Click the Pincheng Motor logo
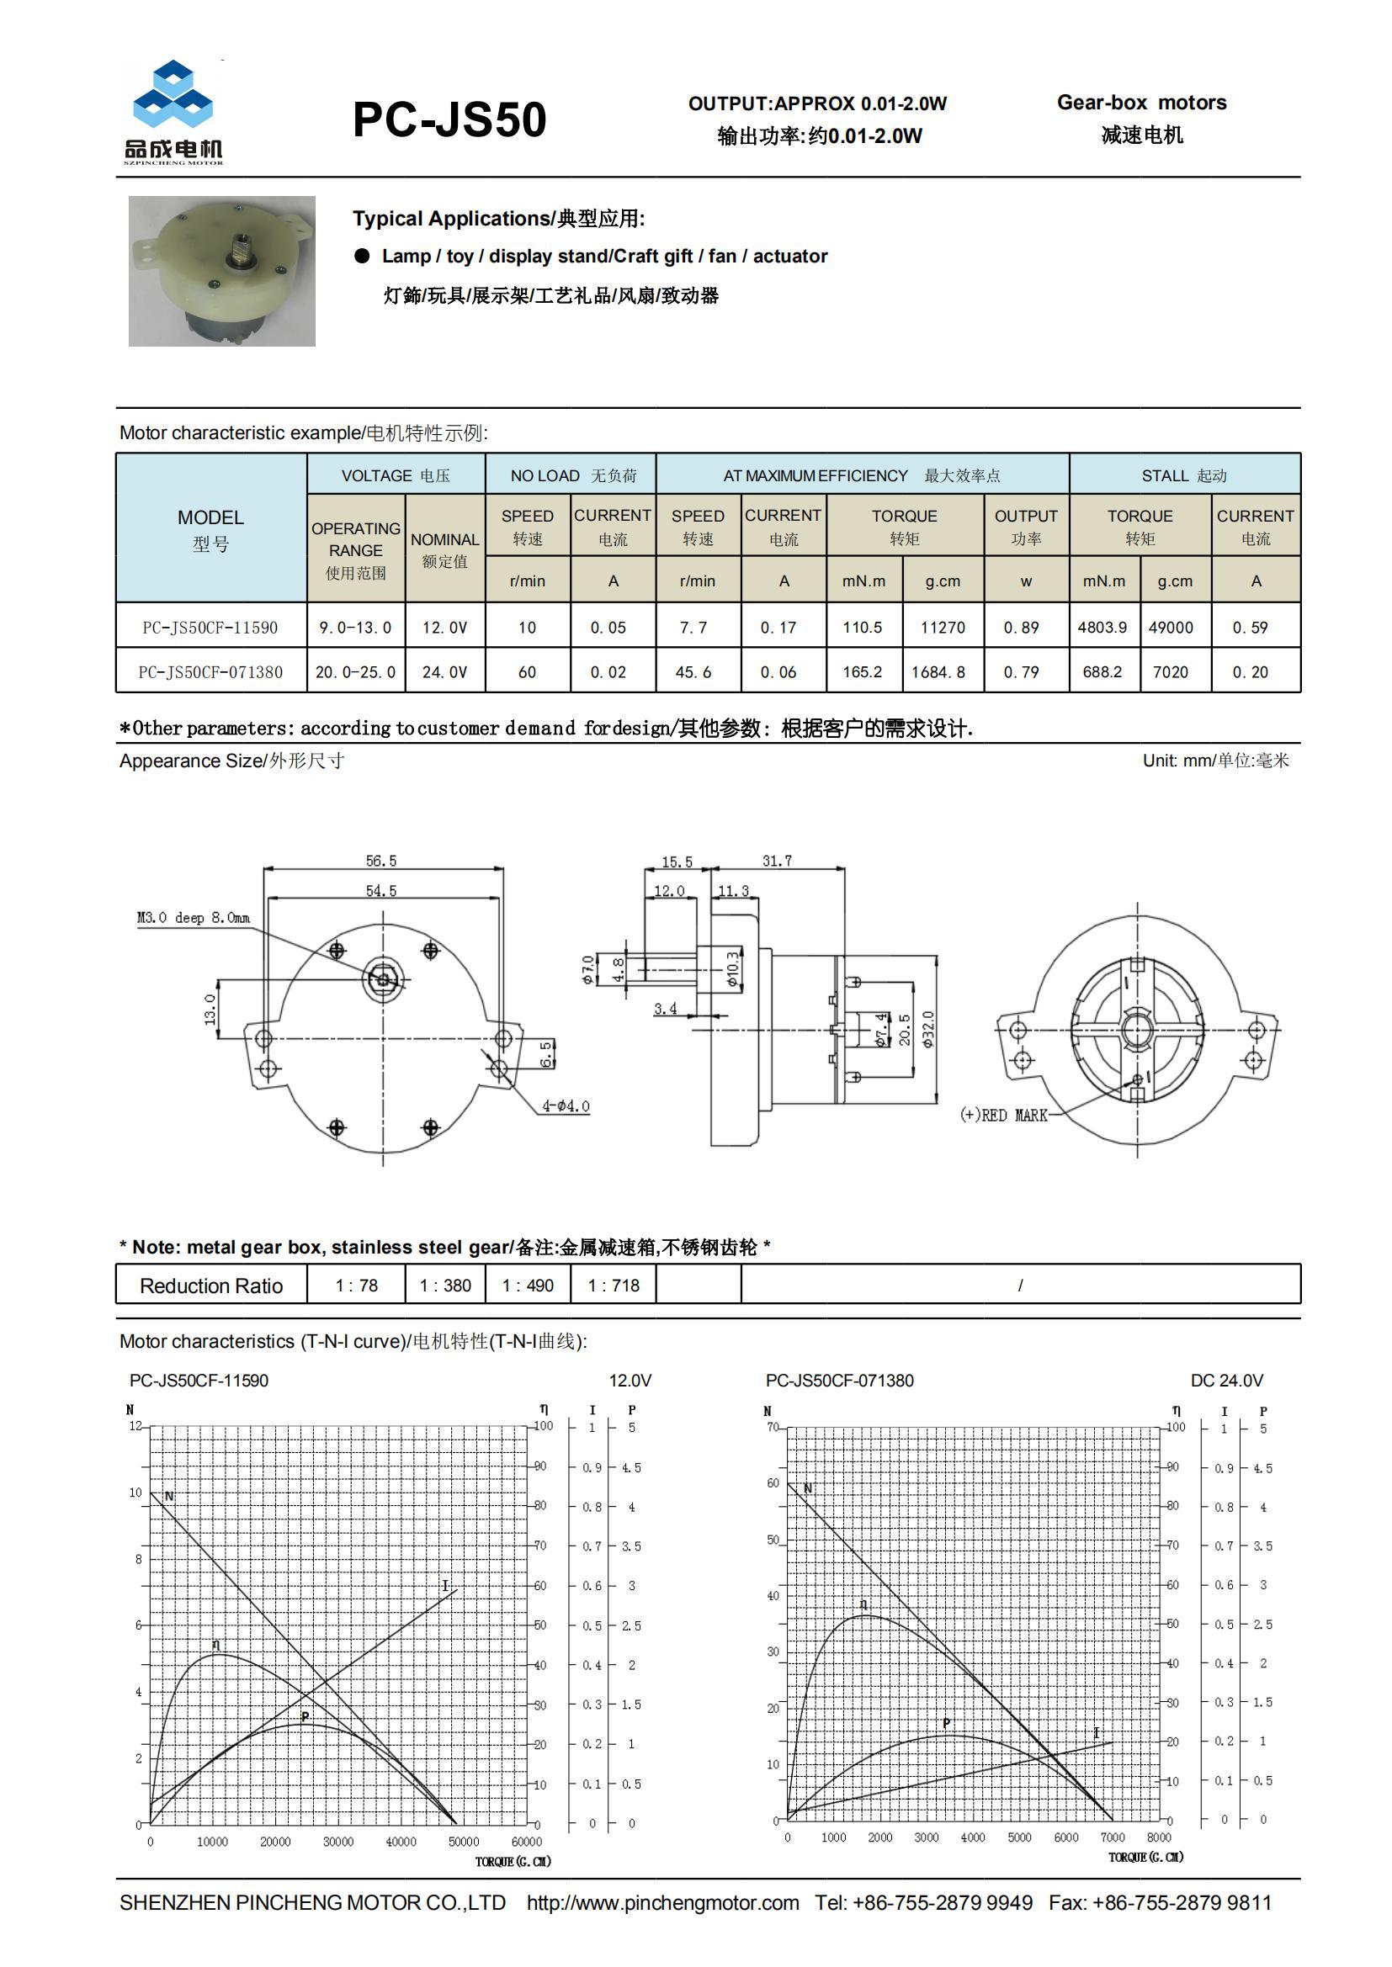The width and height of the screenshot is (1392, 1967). [174, 112]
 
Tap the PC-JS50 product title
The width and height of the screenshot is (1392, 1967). [449, 119]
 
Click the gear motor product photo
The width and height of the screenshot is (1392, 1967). [221, 271]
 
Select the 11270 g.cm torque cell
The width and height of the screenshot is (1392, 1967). [942, 627]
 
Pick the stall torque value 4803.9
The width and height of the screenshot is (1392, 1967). [1102, 627]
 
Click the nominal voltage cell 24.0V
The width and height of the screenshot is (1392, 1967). [445, 672]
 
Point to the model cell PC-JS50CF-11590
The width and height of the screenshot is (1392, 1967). [210, 627]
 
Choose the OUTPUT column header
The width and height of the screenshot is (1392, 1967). [1025, 526]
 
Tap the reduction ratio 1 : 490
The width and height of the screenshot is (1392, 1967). [528, 1285]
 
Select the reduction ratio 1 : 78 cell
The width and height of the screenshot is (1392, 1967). [357, 1285]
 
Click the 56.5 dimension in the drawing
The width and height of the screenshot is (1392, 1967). [381, 860]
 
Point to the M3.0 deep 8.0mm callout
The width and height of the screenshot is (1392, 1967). [194, 918]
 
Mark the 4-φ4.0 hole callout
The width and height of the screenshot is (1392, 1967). [566, 1106]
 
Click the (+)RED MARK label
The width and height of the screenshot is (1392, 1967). [1004, 1115]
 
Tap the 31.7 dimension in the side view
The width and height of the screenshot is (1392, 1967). [778, 861]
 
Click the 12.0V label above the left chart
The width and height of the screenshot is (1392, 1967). [630, 1380]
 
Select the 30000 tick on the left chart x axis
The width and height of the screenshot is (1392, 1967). [337, 1841]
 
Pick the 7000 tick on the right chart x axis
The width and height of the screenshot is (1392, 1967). [1113, 1837]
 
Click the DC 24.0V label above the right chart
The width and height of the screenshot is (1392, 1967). [1226, 1380]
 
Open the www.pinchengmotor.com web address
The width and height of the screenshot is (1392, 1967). [662, 1903]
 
